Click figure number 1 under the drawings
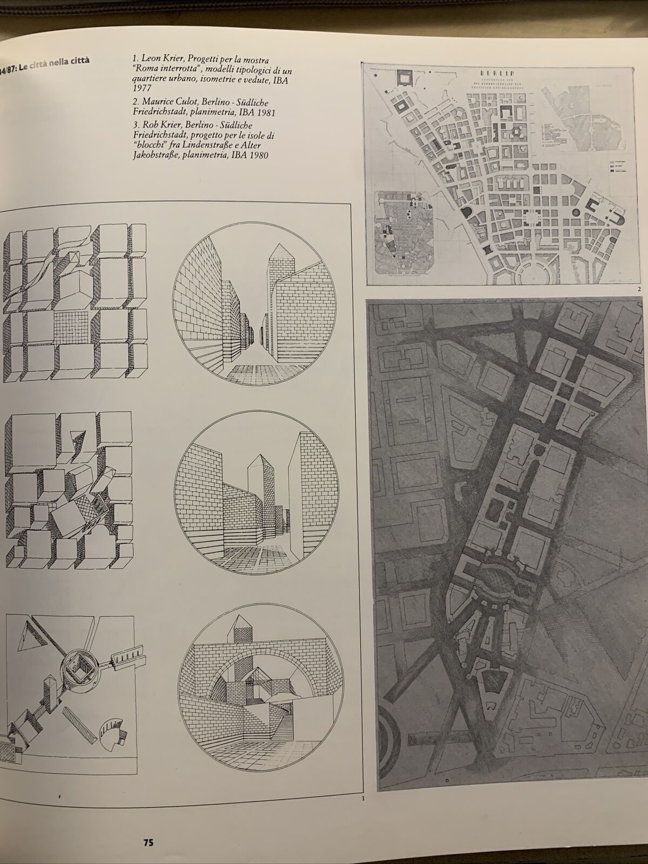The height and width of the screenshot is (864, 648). coord(363,798)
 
